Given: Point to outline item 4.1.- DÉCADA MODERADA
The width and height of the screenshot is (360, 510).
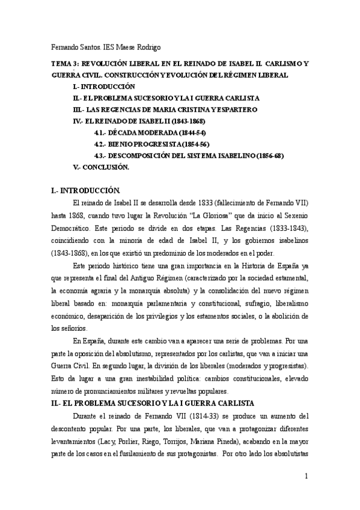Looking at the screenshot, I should (x=145, y=132).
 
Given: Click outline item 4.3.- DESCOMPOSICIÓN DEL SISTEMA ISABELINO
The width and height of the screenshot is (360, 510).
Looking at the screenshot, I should (x=189, y=156).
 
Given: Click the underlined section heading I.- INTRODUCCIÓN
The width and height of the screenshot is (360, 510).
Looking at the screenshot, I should (x=90, y=190).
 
